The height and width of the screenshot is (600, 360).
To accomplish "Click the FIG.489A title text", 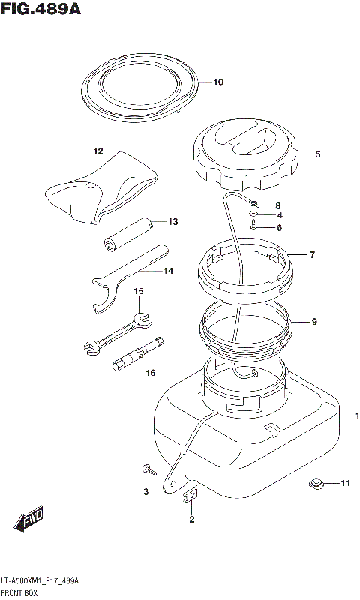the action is click(x=41, y=8).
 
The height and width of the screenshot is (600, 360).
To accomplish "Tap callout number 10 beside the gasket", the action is click(x=218, y=82).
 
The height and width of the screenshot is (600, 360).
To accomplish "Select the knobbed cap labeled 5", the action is click(x=245, y=155).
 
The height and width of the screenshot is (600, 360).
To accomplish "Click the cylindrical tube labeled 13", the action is click(x=128, y=234).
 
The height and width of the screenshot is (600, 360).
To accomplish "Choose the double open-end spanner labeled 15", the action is click(x=118, y=331).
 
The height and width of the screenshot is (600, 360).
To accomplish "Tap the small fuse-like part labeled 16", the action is click(x=138, y=354).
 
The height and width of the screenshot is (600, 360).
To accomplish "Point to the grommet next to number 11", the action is click(x=316, y=484).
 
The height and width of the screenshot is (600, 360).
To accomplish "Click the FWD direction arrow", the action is click(x=29, y=520).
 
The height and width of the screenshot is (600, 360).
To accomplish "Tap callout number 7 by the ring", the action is click(x=312, y=254).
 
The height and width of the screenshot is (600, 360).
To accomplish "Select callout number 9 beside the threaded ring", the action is click(x=314, y=322).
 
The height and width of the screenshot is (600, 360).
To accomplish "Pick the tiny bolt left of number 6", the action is click(x=254, y=226).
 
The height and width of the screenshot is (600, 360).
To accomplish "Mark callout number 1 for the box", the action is click(x=357, y=415).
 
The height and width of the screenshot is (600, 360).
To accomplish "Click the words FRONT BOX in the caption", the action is click(x=19, y=593).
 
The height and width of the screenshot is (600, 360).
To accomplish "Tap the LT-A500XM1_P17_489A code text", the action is click(x=40, y=581).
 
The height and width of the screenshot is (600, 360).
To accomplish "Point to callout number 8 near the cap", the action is click(x=278, y=205).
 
